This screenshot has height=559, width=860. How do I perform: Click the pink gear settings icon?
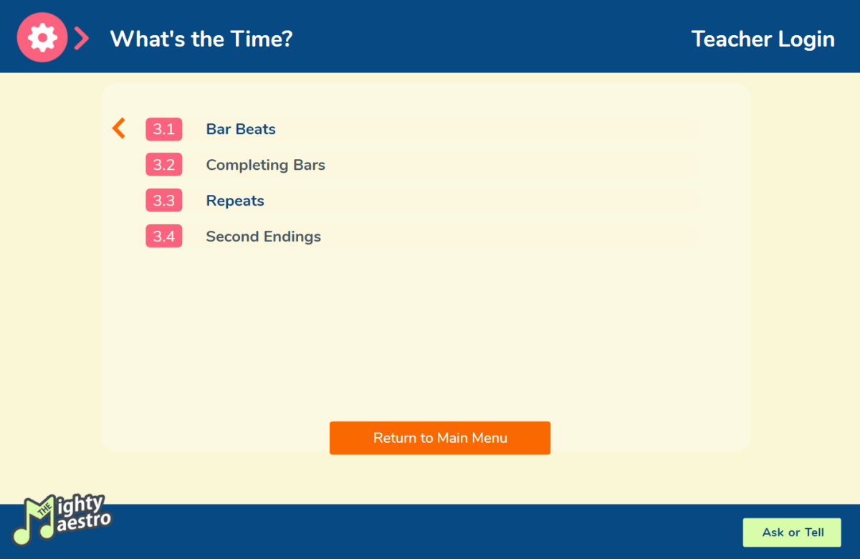click(x=42, y=37)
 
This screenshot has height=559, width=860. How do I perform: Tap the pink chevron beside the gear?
click(x=82, y=39)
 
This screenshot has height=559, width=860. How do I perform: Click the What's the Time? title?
click(x=201, y=39)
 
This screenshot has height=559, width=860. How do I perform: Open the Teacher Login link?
click(x=763, y=39)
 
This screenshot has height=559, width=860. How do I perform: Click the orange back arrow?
click(x=119, y=128)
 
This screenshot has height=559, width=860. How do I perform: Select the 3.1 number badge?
click(x=164, y=130)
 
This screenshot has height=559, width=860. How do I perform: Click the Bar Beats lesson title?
click(x=241, y=130)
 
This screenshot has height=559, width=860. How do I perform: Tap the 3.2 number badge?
click(x=164, y=165)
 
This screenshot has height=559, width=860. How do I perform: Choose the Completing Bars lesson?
click(x=266, y=165)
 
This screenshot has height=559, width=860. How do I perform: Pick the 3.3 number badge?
click(x=164, y=201)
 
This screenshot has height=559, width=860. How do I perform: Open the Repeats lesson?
click(x=235, y=201)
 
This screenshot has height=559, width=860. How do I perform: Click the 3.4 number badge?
click(x=164, y=236)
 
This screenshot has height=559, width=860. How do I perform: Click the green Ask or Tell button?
click(x=792, y=532)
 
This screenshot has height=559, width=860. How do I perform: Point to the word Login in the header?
click(x=807, y=39)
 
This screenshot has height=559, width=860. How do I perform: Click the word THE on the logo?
click(x=44, y=510)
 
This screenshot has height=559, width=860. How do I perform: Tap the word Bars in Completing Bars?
click(x=309, y=165)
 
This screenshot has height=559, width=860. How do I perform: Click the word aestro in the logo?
click(x=84, y=522)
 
